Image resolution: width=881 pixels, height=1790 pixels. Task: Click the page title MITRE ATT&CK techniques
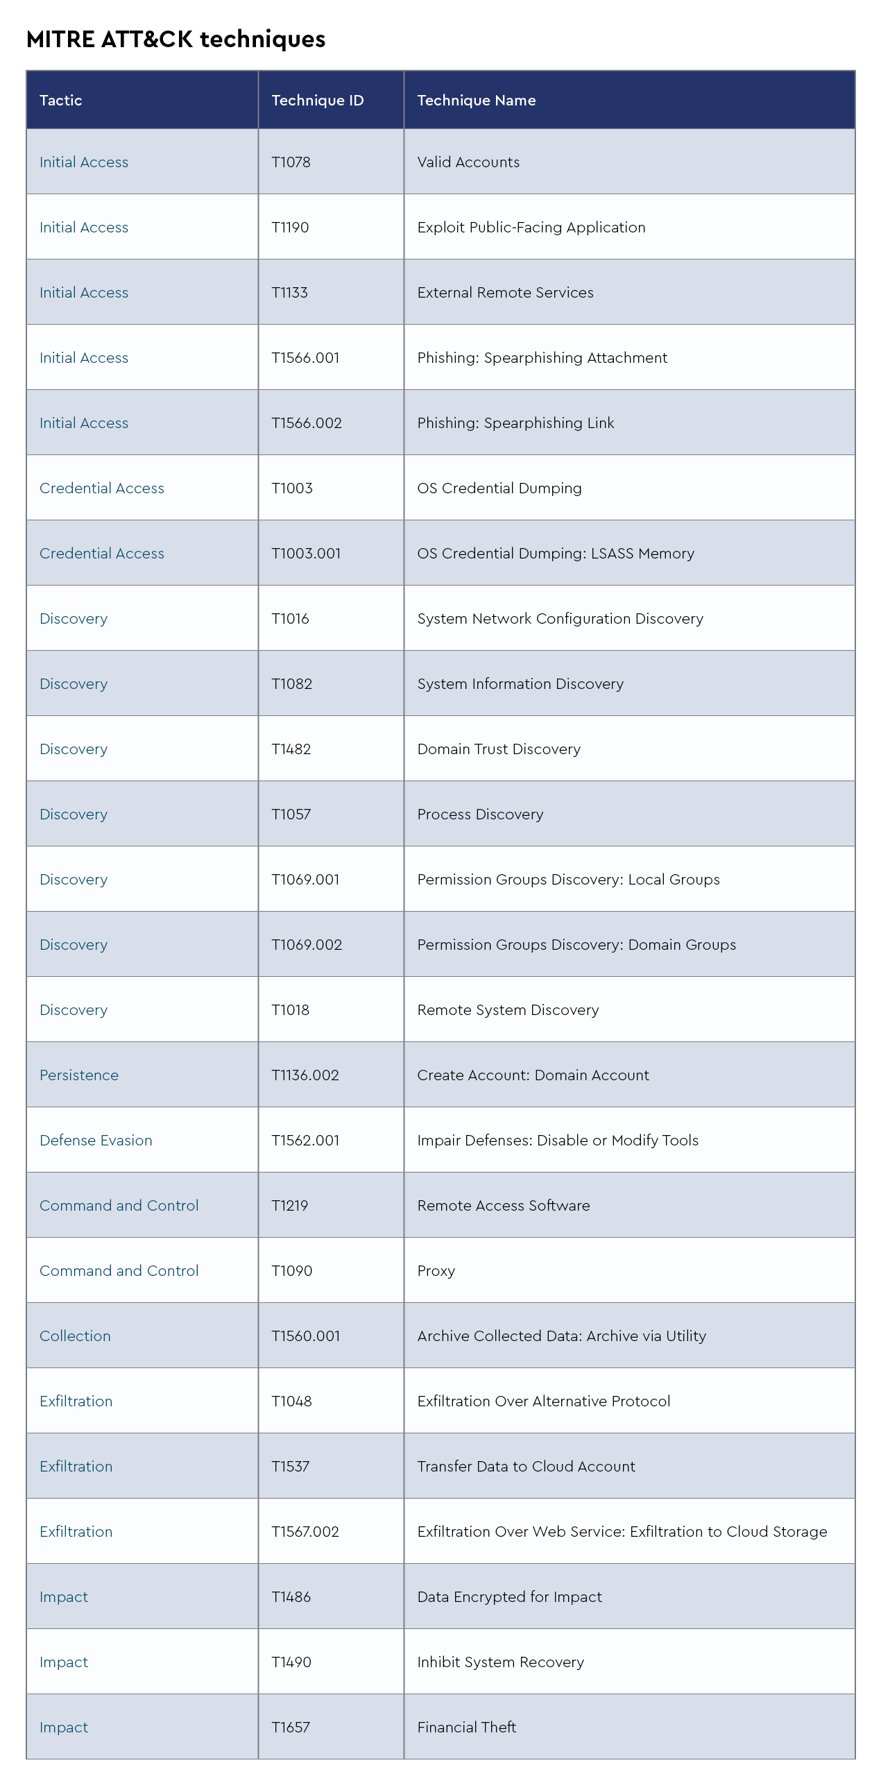click(x=176, y=40)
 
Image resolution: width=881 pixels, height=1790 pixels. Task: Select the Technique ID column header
click(x=318, y=101)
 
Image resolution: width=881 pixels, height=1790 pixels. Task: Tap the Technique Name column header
click(x=477, y=101)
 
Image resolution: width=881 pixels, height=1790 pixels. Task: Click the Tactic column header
click(x=61, y=101)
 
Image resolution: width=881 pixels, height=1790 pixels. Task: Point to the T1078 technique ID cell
click(x=291, y=162)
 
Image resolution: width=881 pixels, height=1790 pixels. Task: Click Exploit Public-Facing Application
click(x=531, y=228)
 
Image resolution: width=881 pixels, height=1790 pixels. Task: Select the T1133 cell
click(x=290, y=293)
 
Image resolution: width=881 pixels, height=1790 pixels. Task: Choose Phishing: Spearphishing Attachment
click(x=542, y=359)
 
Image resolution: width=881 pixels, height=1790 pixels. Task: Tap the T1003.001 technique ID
click(x=307, y=554)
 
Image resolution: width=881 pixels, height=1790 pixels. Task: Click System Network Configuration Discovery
click(x=560, y=619)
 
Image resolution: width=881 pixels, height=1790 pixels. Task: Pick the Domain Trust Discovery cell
click(x=499, y=750)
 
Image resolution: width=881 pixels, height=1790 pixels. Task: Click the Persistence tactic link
click(x=79, y=1075)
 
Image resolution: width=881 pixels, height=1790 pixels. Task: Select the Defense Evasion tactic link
click(x=96, y=1141)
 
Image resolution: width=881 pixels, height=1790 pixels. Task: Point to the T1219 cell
click(x=290, y=1207)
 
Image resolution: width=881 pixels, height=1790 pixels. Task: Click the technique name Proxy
click(x=436, y=1272)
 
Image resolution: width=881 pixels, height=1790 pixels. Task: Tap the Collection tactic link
click(x=75, y=1336)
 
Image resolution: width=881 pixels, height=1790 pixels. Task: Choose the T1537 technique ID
click(x=291, y=1467)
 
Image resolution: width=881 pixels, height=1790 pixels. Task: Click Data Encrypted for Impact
click(x=509, y=1598)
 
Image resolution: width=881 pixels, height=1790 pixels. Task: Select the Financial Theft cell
click(x=467, y=1728)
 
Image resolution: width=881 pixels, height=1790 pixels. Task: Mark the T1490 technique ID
click(x=292, y=1663)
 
